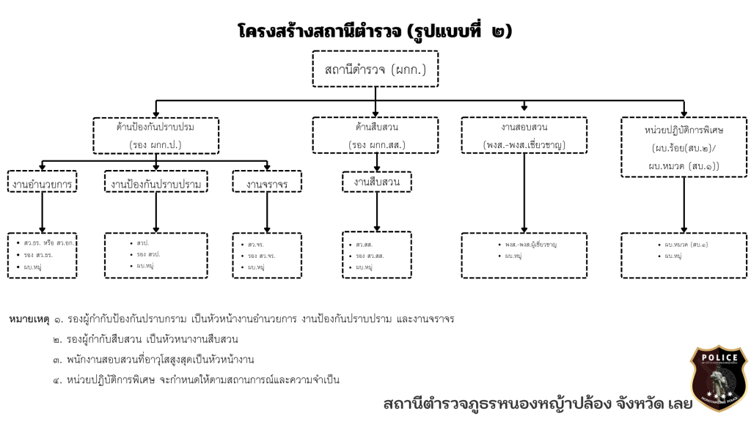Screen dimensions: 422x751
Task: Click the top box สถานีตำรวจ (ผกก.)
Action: [375, 70]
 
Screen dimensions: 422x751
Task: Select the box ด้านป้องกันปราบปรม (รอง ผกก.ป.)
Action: [155, 136]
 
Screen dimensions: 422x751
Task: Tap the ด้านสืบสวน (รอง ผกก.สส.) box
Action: [376, 136]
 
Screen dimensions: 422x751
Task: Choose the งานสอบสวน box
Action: [524, 136]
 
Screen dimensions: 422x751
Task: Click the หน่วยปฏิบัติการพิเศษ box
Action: [684, 147]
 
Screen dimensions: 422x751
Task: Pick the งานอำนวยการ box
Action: [42, 183]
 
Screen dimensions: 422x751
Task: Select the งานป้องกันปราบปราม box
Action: [156, 183]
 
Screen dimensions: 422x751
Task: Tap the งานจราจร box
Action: [267, 183]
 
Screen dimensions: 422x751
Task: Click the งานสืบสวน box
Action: [377, 181]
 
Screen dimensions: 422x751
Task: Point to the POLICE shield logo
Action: [719, 378]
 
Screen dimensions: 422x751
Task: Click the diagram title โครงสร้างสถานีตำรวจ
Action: [375, 31]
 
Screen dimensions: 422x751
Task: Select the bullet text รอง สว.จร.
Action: [261, 255]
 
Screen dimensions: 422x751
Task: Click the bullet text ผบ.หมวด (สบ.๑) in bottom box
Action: [686, 244]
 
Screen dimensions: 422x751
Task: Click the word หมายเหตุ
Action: [29, 319]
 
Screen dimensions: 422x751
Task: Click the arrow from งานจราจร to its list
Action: [267, 212]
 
